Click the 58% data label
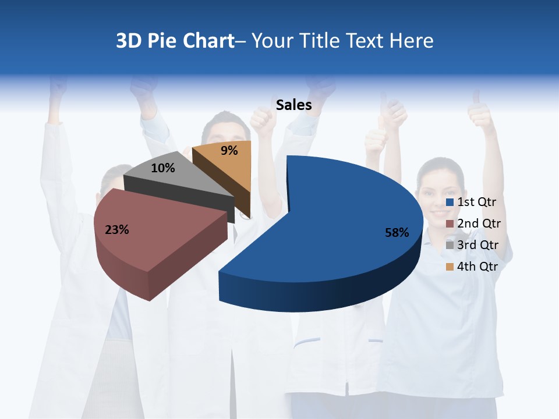[397, 233]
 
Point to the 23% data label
[116, 230]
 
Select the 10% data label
[162, 168]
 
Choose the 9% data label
[229, 151]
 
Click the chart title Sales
[293, 105]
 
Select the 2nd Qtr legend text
[479, 223]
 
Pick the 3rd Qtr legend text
[478, 245]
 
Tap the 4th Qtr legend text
[478, 267]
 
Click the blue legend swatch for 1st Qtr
[450, 203]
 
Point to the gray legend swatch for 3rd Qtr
[450, 245]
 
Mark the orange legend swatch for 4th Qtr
[450, 267]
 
